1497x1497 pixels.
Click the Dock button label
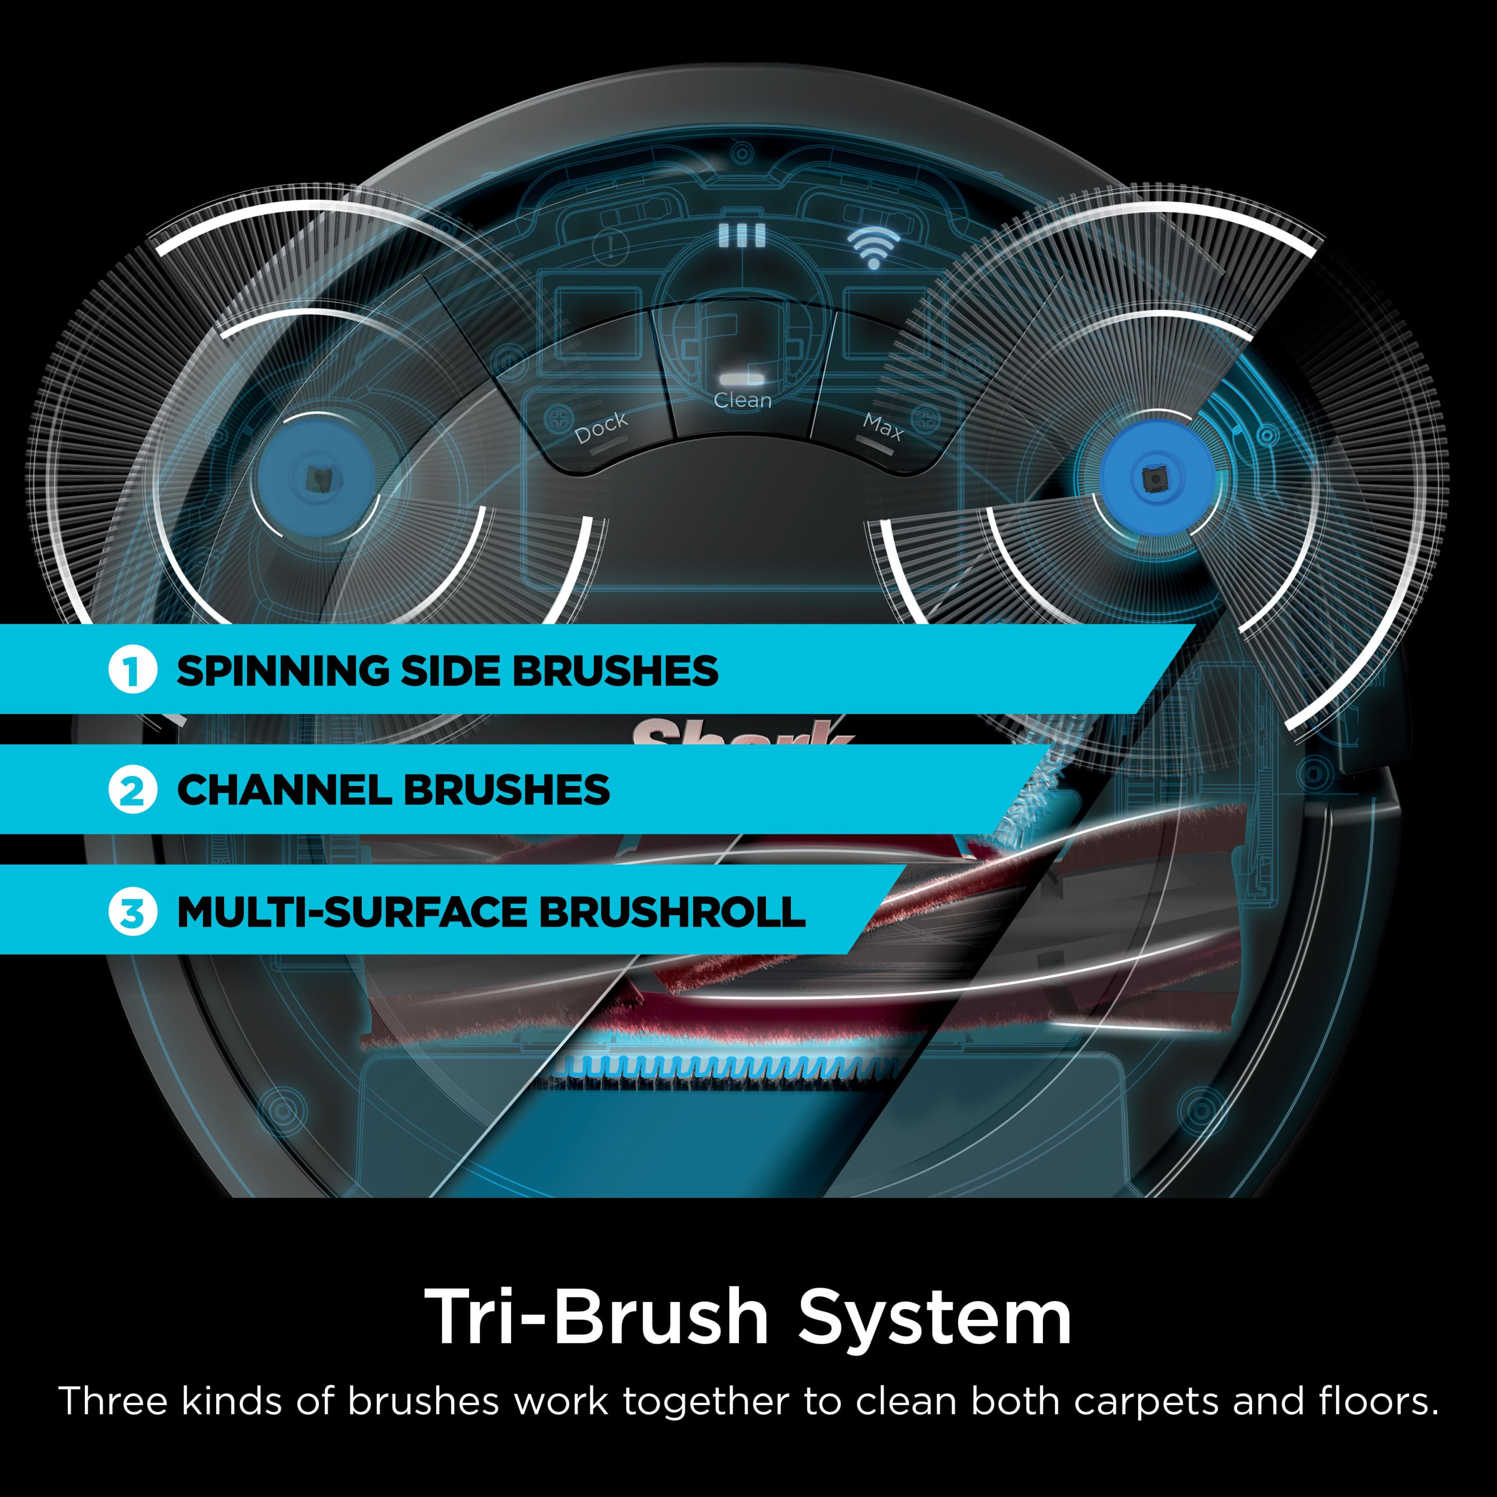[x=600, y=427]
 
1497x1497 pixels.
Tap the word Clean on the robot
[x=743, y=401]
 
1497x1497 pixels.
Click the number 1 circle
[x=133, y=671]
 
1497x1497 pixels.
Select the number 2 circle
[x=133, y=791]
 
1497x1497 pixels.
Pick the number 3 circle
[x=133, y=912]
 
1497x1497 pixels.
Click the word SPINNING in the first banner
[x=282, y=671]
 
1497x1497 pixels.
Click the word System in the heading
[x=935, y=1318]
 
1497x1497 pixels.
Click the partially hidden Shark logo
[x=743, y=732]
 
